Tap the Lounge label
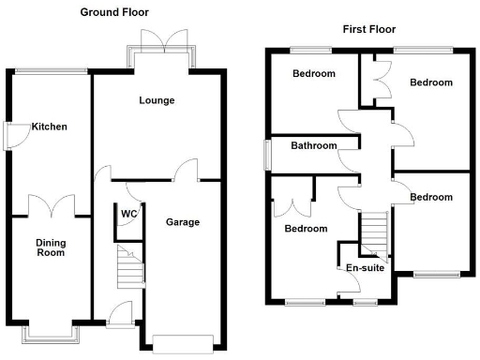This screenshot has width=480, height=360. click(x=157, y=100)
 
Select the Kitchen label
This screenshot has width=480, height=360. click(x=49, y=127)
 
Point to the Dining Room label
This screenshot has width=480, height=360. click(x=51, y=247)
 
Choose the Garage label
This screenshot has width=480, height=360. click(x=183, y=222)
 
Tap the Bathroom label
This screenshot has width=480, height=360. click(x=313, y=145)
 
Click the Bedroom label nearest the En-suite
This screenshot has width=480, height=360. click(x=307, y=229)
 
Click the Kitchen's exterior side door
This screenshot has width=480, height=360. click(x=11, y=136)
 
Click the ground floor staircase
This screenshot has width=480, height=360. click(x=128, y=267)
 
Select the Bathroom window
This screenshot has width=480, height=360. click(x=266, y=155)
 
